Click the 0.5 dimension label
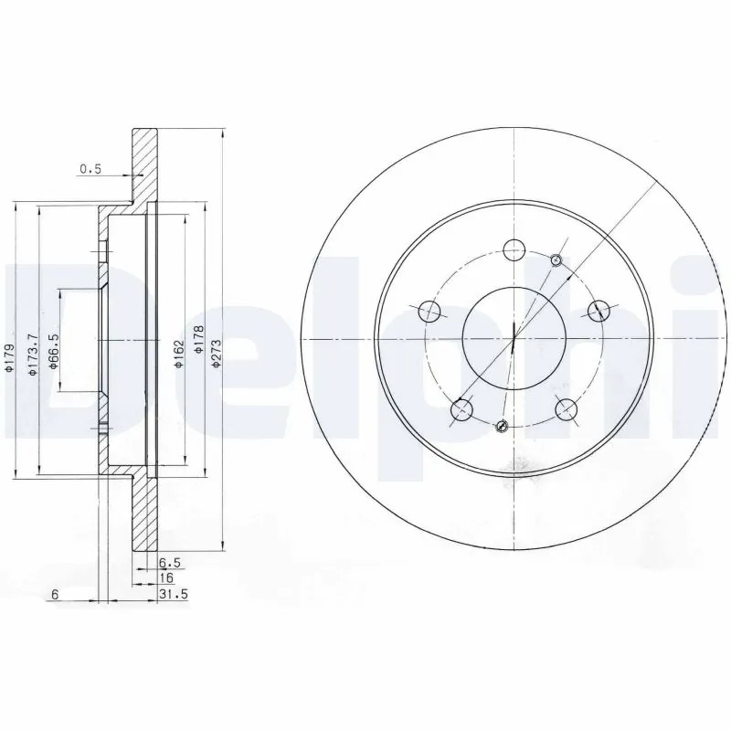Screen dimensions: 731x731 coord(90,168)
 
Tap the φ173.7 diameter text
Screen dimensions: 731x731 coord(32,350)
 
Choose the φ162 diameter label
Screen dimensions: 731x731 coord(179,354)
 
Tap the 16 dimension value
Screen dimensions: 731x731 coord(166,579)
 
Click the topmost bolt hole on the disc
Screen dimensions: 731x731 coord(514,247)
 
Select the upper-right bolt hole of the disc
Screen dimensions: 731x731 coord(599,309)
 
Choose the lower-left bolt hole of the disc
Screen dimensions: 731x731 coord(462,411)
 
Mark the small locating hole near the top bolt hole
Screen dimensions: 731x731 coord(557,261)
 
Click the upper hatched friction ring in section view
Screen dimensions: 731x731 coord(144,164)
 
